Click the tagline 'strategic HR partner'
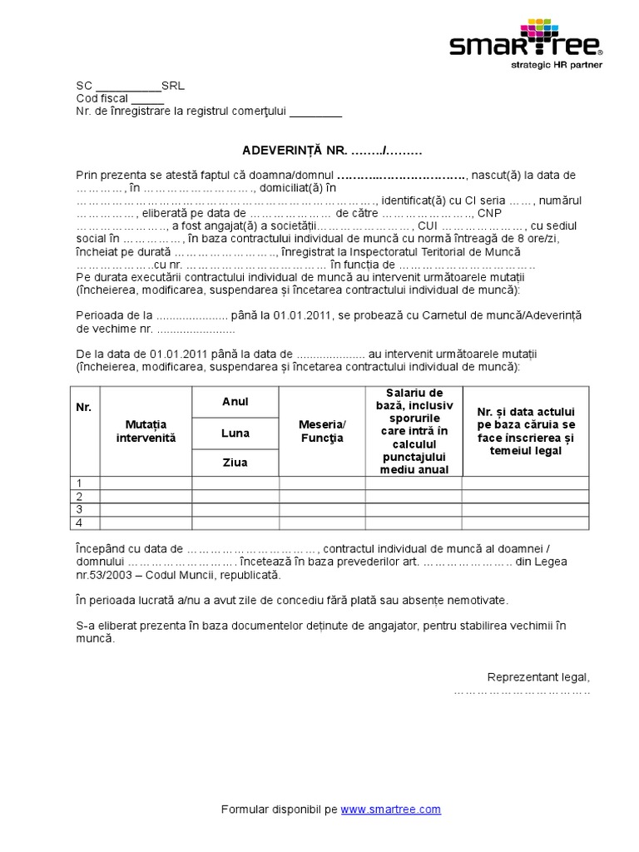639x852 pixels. [x=557, y=64]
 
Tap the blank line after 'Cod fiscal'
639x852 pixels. [x=147, y=98]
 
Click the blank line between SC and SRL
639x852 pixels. [x=128, y=85]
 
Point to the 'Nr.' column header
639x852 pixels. [x=83, y=407]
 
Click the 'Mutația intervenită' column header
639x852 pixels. [x=146, y=430]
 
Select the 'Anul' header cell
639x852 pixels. [x=235, y=402]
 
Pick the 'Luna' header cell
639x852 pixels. [x=235, y=433]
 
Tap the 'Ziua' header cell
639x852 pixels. [x=235, y=462]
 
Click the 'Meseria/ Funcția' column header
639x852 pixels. [x=321, y=432]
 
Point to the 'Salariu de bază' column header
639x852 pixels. [x=414, y=431]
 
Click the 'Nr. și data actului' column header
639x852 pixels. [x=526, y=431]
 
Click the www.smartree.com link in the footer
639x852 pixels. [x=390, y=809]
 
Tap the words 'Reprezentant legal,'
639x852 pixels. [x=537, y=676]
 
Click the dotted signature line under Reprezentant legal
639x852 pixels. [x=522, y=691]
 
